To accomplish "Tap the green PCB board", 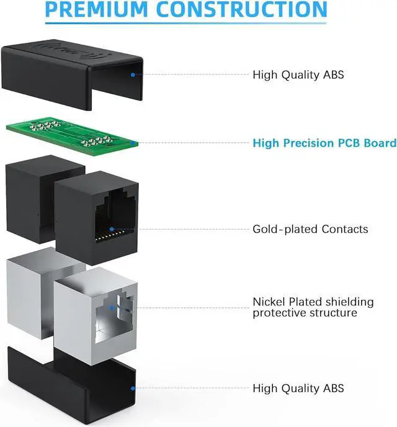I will point(71,132).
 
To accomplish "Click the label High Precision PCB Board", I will point(324,143).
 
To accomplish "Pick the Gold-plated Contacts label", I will point(310,229).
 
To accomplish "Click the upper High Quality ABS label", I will point(298,75).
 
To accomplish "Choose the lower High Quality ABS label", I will point(298,389).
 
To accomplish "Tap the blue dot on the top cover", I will point(132,74).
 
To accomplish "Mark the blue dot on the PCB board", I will point(132,143).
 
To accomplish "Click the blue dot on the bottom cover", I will point(132,388).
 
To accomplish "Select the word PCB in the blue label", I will point(336,143).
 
